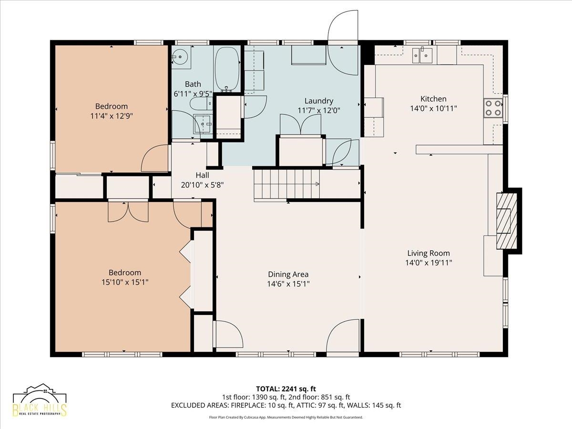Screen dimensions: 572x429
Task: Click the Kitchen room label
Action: (x=433, y=99)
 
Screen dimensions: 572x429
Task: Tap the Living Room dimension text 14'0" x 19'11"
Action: (x=429, y=263)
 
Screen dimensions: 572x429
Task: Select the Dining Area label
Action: (x=288, y=274)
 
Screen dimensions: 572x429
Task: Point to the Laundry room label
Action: (x=319, y=101)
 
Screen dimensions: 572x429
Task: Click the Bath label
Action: (x=193, y=84)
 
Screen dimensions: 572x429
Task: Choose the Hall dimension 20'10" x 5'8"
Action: (x=202, y=185)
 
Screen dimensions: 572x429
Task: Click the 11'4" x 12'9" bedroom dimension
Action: (x=111, y=116)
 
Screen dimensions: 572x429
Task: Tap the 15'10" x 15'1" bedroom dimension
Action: (x=125, y=282)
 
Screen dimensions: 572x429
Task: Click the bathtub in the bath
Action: (x=227, y=69)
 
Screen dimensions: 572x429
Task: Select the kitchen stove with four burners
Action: (x=493, y=108)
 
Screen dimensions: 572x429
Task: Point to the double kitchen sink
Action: (x=422, y=56)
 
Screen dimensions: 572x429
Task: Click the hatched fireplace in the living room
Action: (x=506, y=221)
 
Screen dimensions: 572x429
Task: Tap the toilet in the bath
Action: (x=201, y=103)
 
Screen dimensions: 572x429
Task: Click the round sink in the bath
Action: (x=180, y=56)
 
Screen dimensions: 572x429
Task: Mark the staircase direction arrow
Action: (x=317, y=184)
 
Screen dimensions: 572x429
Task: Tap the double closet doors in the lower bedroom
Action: (x=128, y=212)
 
